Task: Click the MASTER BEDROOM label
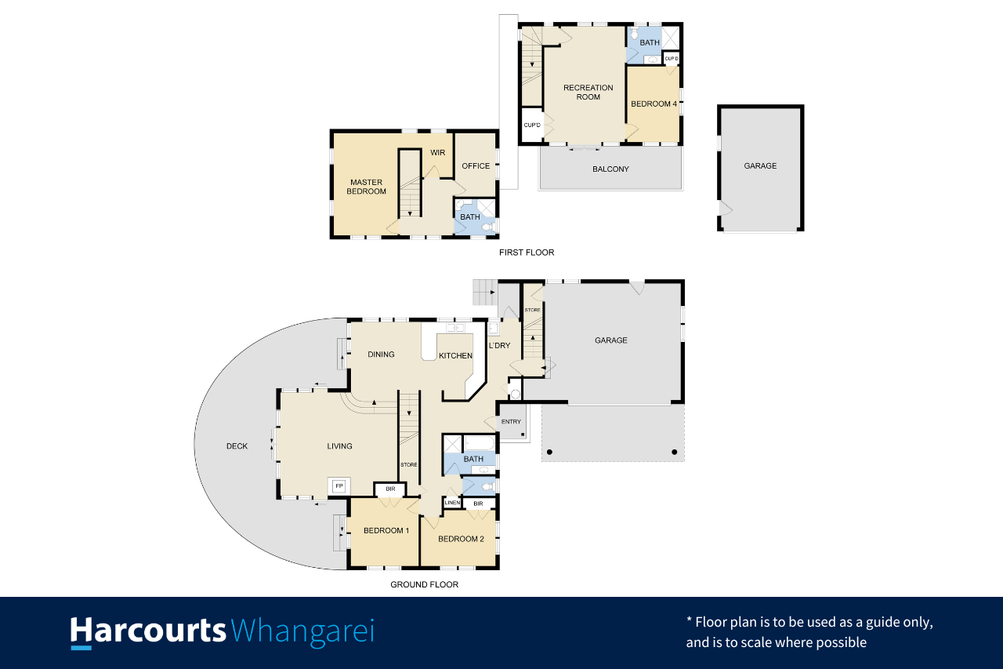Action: pos(366,187)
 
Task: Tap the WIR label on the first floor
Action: pos(437,153)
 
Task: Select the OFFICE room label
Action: pos(476,166)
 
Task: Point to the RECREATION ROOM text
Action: pos(588,93)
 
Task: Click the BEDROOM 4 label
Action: pos(654,104)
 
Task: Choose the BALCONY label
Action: pos(610,169)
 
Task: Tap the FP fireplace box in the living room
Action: pos(339,486)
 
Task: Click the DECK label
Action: pos(237,446)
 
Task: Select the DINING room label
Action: pos(381,354)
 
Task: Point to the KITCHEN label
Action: pos(455,356)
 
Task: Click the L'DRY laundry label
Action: pos(499,345)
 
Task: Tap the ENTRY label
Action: pos(511,422)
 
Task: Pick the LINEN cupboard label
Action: pos(452,503)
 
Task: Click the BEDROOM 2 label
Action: pos(461,539)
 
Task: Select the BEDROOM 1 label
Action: pos(386,531)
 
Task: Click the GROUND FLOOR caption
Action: pos(424,585)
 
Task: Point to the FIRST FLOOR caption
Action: pos(527,253)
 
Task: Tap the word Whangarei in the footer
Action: pos(302,632)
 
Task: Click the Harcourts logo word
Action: pos(148,631)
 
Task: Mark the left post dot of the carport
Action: pos(549,452)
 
